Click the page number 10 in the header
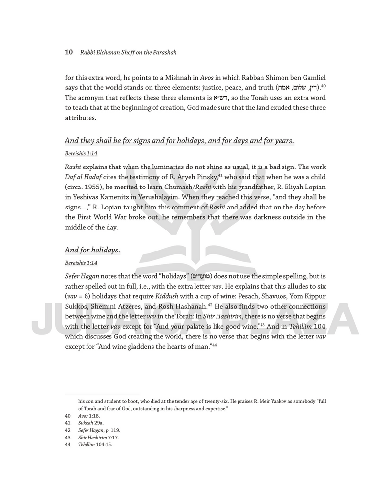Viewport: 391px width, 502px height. [69, 52]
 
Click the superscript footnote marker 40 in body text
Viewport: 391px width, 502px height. [323, 85]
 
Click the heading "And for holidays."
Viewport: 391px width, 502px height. [92, 250]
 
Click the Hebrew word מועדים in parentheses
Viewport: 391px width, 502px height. [201, 276]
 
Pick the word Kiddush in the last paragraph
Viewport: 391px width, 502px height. [166, 297]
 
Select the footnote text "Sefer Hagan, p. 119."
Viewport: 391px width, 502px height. [99, 430]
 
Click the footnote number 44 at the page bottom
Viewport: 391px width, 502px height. [68, 445]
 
